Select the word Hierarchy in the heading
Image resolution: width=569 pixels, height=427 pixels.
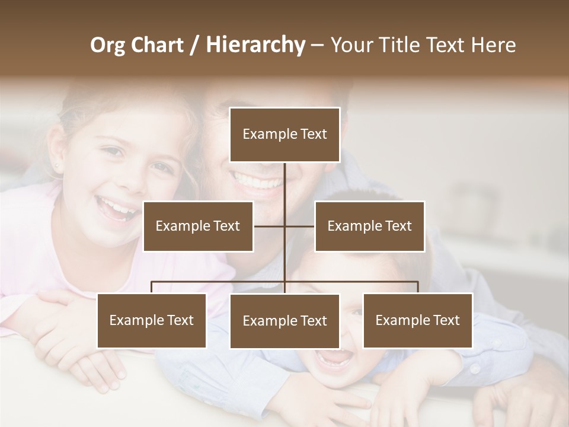click(x=255, y=46)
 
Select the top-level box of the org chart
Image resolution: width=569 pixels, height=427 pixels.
click(x=284, y=135)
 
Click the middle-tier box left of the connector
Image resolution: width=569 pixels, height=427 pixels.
click(x=198, y=226)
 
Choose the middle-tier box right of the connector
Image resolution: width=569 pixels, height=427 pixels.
click(x=369, y=226)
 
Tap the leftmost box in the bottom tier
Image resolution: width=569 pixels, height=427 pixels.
click(x=152, y=320)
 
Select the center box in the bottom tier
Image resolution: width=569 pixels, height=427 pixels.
click(x=284, y=321)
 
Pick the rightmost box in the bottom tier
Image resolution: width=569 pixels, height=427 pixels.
click(x=417, y=320)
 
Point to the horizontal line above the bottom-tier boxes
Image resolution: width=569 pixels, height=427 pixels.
click(x=219, y=282)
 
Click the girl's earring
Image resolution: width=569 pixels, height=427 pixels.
click(x=57, y=166)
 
